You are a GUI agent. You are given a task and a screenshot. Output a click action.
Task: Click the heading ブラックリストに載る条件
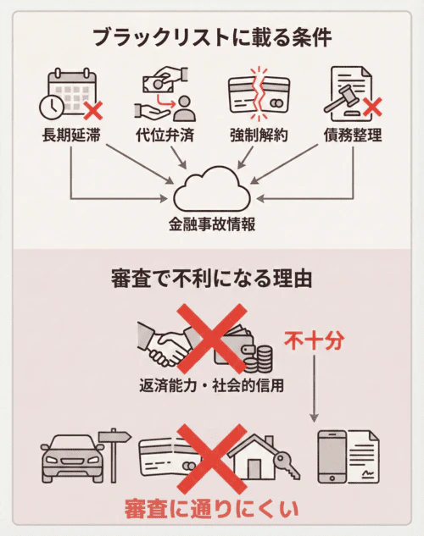point(211,37)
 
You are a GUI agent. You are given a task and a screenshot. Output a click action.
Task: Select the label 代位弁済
point(164,135)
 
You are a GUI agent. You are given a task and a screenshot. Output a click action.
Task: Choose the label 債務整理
point(352,135)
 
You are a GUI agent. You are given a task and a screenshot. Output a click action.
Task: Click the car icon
point(72,457)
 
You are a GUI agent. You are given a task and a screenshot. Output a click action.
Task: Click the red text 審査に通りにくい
point(211,509)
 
